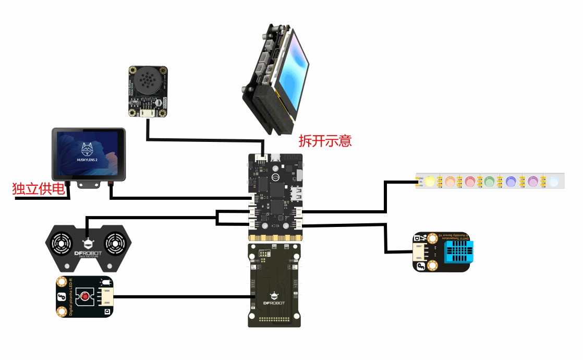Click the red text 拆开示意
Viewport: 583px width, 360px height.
325,141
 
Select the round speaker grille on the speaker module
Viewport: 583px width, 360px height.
148,82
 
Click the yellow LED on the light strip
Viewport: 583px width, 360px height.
430,181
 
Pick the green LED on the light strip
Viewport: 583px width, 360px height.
489,181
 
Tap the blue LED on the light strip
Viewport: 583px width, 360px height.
511,181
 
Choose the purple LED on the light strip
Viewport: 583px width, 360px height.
532,181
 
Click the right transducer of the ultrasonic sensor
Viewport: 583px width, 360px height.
114,243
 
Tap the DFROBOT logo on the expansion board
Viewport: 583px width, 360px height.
275,303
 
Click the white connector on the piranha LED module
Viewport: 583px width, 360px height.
106,297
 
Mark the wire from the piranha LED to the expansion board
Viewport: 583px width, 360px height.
183,297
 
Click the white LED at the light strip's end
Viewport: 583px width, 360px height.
554,181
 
